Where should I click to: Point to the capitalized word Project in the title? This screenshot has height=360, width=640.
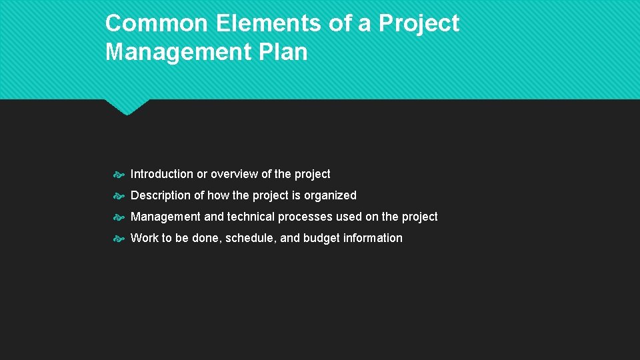tap(419, 23)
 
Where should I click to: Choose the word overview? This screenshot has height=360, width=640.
tap(234, 174)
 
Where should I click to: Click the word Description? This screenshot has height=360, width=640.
tap(161, 195)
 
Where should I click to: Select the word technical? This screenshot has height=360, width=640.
tap(251, 217)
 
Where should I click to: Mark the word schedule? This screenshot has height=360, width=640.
tap(249, 238)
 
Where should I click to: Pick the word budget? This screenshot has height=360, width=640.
tap(321, 238)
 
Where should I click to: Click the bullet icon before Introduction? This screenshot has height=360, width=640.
tap(118, 175)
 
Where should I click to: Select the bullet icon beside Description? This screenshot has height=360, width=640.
tap(118, 196)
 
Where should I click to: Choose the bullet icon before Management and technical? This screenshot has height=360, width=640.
tap(118, 217)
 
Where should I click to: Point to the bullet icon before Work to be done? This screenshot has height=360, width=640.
tap(118, 239)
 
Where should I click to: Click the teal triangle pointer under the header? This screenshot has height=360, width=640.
tap(127, 106)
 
